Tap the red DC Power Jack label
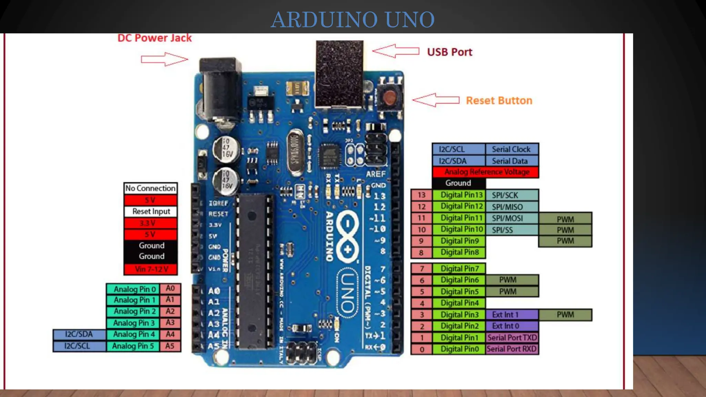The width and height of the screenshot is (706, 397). coord(154,38)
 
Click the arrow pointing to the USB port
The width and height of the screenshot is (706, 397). coord(396,51)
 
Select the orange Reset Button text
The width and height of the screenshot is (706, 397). coord(499,101)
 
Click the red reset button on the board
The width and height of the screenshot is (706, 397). coord(390,98)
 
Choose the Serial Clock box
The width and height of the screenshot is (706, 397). coord(511,149)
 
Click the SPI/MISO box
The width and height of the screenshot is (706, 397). coord(511,207)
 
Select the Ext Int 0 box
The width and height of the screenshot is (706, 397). coord(511,326)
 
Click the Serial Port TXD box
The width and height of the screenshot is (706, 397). coord(512,338)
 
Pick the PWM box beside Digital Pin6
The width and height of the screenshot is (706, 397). coord(511,280)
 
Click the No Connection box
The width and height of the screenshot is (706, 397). coord(151,188)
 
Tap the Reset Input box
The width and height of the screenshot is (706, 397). coord(151,211)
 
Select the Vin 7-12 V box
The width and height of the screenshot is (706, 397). coord(151,269)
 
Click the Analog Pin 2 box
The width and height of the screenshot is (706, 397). coord(133,312)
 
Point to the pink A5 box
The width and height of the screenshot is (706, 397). coord(170,346)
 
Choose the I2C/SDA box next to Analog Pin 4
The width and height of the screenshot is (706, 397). coord(79,334)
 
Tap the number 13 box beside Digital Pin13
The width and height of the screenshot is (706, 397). coord(421,195)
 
